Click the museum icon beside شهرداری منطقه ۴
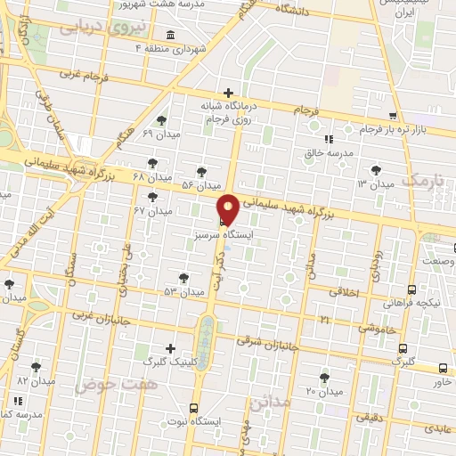(x=169, y=37)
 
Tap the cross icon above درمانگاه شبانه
(x=229, y=93)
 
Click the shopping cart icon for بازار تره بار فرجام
(x=393, y=116)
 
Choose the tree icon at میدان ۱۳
(x=376, y=168)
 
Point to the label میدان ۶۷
(x=152, y=211)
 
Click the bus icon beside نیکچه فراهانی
(x=411, y=289)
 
